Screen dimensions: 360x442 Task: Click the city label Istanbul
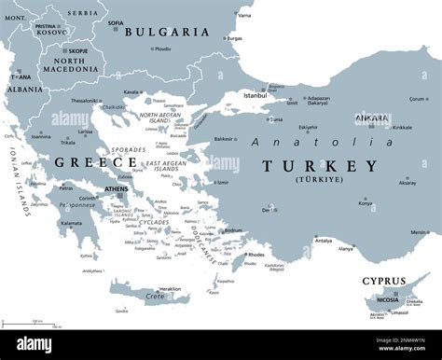[x=255, y=94]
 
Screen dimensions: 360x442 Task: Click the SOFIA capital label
[x=116, y=22]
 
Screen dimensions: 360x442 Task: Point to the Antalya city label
[x=323, y=241]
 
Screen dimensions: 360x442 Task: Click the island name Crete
[x=154, y=297]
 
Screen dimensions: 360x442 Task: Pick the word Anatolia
[x=322, y=142]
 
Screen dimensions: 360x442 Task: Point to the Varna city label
[x=244, y=16]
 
